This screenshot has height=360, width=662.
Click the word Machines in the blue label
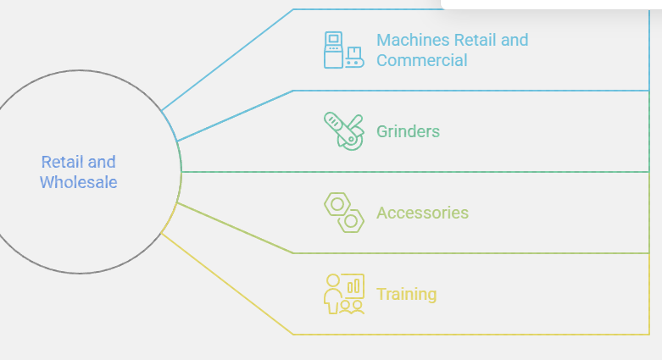click(x=407, y=40)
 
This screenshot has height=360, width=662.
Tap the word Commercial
click(x=422, y=60)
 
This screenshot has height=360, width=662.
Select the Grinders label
click(x=408, y=131)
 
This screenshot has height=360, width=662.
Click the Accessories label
click(x=422, y=213)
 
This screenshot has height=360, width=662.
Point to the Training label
click(x=406, y=294)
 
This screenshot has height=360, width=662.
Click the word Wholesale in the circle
click(x=79, y=182)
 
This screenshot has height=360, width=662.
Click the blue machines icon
click(x=343, y=50)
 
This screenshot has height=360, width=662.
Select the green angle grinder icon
click(x=343, y=131)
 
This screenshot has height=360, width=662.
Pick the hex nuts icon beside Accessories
click(x=343, y=213)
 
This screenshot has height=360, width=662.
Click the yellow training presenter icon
click(x=343, y=294)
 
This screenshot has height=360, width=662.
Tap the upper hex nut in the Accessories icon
click(x=337, y=205)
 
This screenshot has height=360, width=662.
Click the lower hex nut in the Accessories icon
click(x=350, y=221)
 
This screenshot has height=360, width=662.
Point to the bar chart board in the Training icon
click(x=353, y=285)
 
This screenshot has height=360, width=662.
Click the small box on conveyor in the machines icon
click(x=354, y=53)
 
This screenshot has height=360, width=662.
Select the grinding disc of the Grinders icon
click(x=351, y=139)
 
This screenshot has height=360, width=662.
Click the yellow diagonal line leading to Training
click(x=226, y=284)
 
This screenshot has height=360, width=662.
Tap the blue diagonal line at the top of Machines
click(x=226, y=60)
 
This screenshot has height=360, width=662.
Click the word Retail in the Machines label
click(x=469, y=40)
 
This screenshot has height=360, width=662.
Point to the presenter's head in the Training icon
click(x=332, y=280)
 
